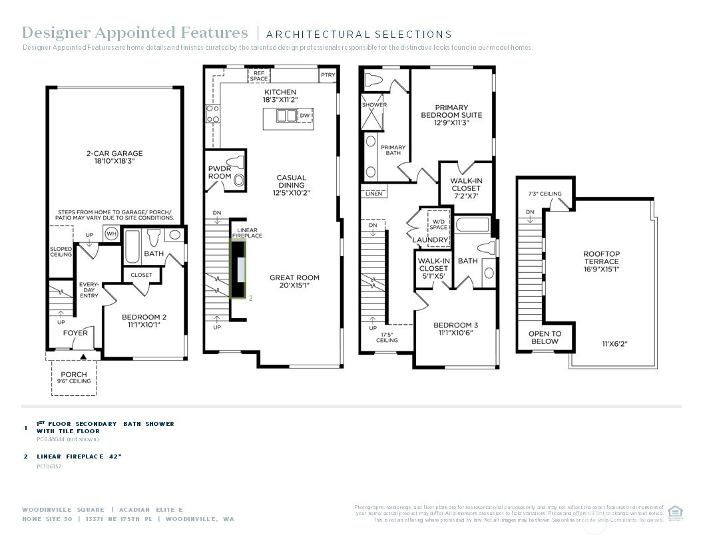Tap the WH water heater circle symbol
[x=111, y=234]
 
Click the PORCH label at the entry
[x=73, y=375]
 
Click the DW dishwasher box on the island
[x=305, y=116]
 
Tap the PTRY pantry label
[x=328, y=75]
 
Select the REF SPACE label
[x=259, y=76]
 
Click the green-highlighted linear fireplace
[x=238, y=269]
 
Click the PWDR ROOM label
[x=220, y=172]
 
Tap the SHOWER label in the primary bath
[x=374, y=105]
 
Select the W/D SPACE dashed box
[x=439, y=224]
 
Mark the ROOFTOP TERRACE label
[x=601, y=258]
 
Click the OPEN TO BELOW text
[x=545, y=337]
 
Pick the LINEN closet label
[x=374, y=194]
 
